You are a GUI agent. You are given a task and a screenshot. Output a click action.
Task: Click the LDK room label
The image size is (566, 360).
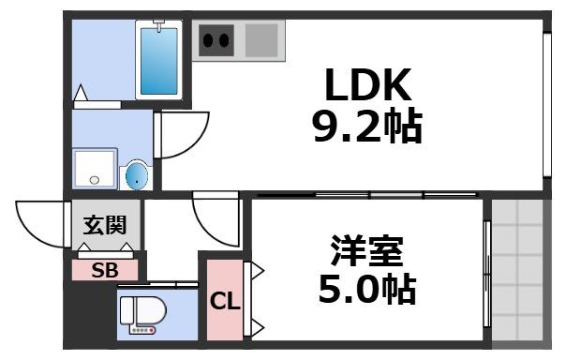point(368,86)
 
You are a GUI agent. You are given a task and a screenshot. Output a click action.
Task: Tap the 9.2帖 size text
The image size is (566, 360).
point(367,126)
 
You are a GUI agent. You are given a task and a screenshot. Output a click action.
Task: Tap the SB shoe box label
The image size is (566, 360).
point(104,270)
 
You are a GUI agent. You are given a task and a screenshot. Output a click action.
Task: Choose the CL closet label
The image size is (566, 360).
point(224,302)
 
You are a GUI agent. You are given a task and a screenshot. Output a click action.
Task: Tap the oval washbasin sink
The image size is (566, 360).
point(137,174)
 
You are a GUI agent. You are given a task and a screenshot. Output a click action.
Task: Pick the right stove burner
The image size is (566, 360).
point(226,40)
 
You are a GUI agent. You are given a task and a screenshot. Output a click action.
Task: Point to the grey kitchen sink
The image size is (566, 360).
point(262,40)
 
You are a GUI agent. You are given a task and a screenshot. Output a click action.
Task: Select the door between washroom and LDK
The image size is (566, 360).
point(178,136)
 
